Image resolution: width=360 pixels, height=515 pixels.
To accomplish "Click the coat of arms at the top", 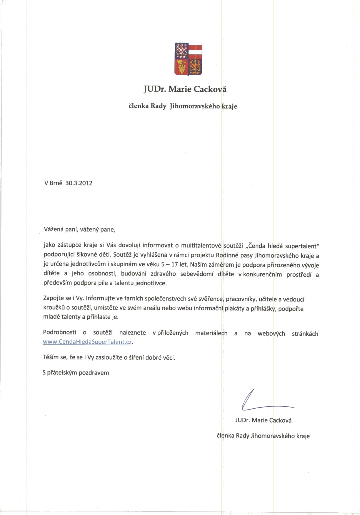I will tap(188, 59).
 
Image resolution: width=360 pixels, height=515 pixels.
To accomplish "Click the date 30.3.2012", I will tap(79, 183).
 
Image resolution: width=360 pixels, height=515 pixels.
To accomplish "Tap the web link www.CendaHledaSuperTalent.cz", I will tap(87, 342).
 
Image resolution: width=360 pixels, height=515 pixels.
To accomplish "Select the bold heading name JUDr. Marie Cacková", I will tap(185, 89).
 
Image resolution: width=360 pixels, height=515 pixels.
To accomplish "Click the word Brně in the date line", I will tap(56, 183).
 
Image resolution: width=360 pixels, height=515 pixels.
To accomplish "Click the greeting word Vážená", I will tap(53, 229).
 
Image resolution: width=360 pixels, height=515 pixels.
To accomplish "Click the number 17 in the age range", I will tap(174, 264).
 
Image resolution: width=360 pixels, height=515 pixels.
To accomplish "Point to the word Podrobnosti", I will tap(59, 332).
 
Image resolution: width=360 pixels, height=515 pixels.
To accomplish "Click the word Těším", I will tap(51, 357).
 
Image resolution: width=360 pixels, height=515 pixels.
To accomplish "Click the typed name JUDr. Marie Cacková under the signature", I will tap(263, 420).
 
